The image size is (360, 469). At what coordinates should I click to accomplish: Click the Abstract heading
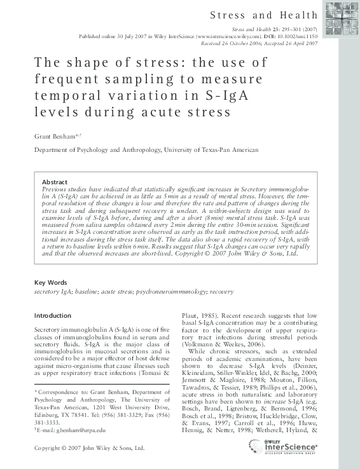pos(54,180)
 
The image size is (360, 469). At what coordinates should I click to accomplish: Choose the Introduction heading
pos(53,315)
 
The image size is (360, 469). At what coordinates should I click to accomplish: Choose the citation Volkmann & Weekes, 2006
pos(223,343)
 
